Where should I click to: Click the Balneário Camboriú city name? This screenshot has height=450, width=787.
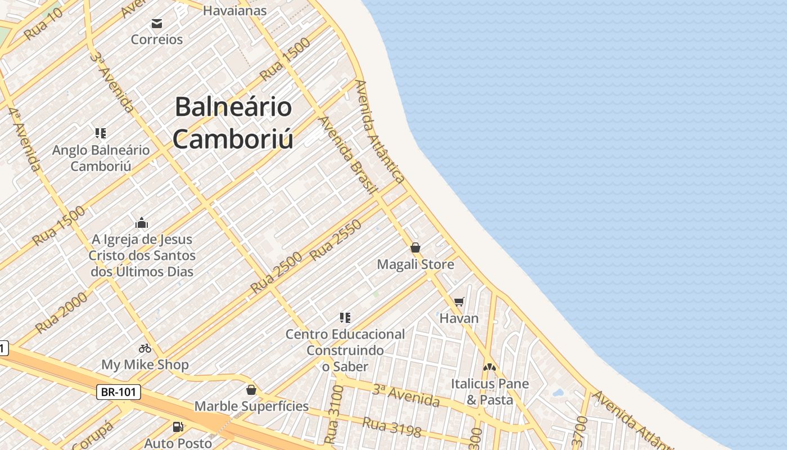click(x=233, y=123)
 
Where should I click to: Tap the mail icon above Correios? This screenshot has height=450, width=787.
click(x=156, y=24)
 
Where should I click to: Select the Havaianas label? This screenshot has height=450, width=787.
click(x=234, y=10)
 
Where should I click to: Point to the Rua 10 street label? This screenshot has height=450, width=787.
click(x=43, y=25)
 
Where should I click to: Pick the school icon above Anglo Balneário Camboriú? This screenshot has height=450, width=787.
click(x=101, y=133)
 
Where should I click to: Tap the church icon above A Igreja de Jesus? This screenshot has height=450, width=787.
click(x=142, y=223)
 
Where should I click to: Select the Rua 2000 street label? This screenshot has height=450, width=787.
click(x=61, y=312)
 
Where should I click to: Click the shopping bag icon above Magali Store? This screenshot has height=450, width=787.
click(x=415, y=247)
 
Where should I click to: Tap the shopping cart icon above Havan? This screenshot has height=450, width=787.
click(x=459, y=302)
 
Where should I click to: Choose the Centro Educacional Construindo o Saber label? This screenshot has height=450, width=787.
click(x=345, y=350)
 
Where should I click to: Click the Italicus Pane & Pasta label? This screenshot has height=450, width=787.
click(x=490, y=391)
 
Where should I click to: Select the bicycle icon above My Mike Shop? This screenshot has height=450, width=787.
click(x=145, y=348)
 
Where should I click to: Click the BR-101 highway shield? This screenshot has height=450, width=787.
click(x=118, y=392)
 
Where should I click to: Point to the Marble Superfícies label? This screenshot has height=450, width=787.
click(x=251, y=406)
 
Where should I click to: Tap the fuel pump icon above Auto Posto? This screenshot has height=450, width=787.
click(x=178, y=427)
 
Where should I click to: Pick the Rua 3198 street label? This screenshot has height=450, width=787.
click(x=392, y=427)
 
